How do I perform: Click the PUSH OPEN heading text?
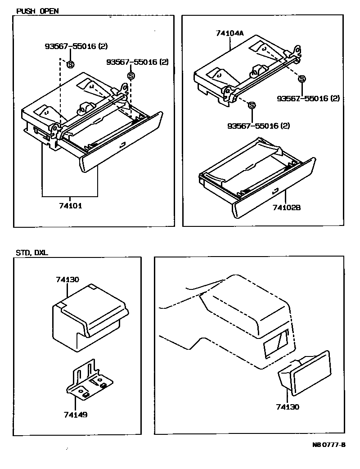tap(37, 10)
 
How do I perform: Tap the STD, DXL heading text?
tap(32, 253)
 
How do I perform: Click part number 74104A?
tap(230, 33)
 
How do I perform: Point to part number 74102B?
tap(287, 207)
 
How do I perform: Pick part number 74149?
tap(76, 414)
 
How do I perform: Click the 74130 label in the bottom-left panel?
tap(68, 280)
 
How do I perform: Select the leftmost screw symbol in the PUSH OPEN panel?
tap(70, 65)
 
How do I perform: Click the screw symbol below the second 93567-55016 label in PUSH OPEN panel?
tap(131, 76)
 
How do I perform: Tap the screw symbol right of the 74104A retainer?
tap(302, 79)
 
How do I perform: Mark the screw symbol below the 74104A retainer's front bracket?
tap(252, 105)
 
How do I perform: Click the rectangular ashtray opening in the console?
tap(276, 343)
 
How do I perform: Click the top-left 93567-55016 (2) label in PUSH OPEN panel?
tap(76, 46)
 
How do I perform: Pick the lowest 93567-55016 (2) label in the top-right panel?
tap(259, 126)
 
